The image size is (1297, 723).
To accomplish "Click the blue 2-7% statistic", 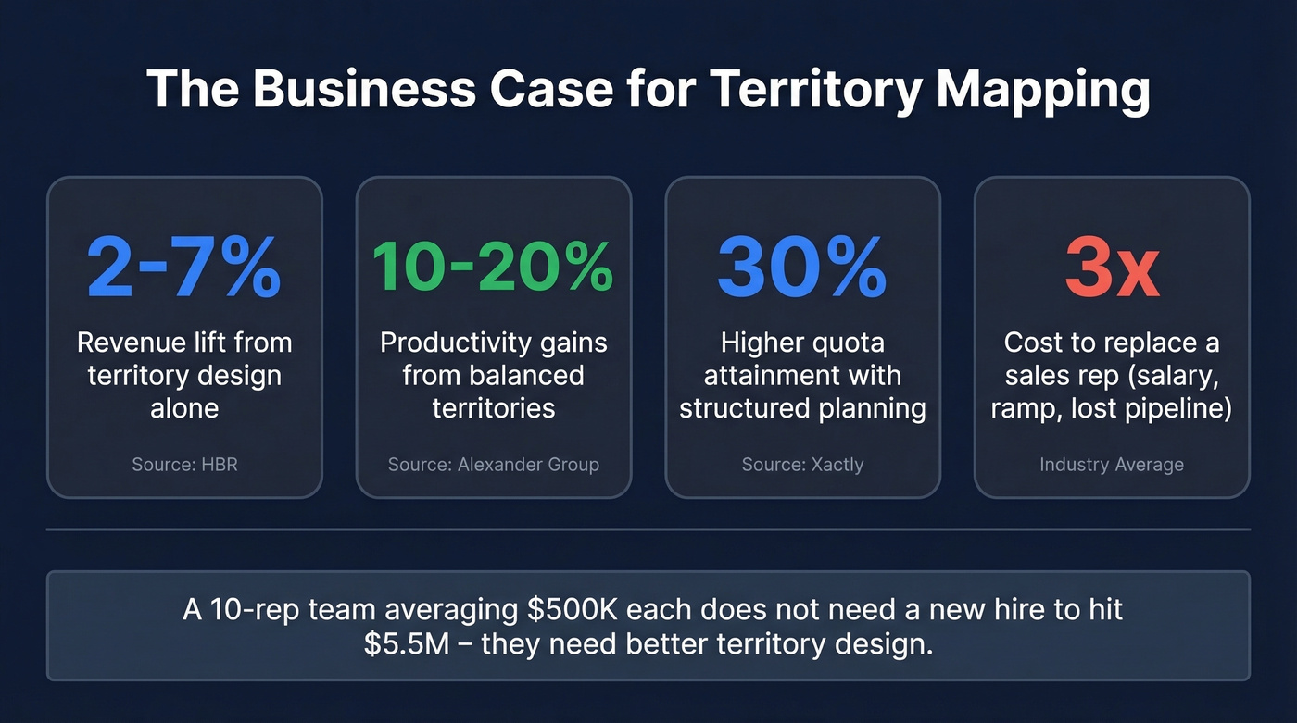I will (x=183, y=267).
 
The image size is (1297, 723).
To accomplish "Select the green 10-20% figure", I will (x=493, y=267).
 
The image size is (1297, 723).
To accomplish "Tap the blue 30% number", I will (x=802, y=267).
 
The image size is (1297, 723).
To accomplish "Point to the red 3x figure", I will (x=1112, y=267).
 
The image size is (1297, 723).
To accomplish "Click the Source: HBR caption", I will (x=184, y=464).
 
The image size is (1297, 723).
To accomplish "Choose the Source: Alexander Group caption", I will (x=493, y=464).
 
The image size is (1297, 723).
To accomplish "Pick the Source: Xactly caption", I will (x=802, y=464).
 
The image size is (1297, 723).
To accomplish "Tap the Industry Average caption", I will (x=1112, y=464).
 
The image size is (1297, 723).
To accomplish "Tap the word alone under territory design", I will (x=184, y=408).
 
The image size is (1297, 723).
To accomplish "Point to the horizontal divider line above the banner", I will (x=648, y=530).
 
